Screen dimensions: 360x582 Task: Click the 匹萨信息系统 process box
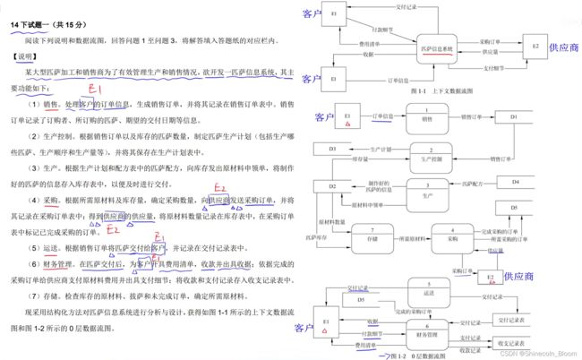pos(437,49)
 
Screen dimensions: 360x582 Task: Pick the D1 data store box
pos(513,116)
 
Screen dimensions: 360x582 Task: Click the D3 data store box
pos(332,148)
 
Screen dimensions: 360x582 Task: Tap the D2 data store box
pos(332,186)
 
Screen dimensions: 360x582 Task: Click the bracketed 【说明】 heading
pos(29,56)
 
